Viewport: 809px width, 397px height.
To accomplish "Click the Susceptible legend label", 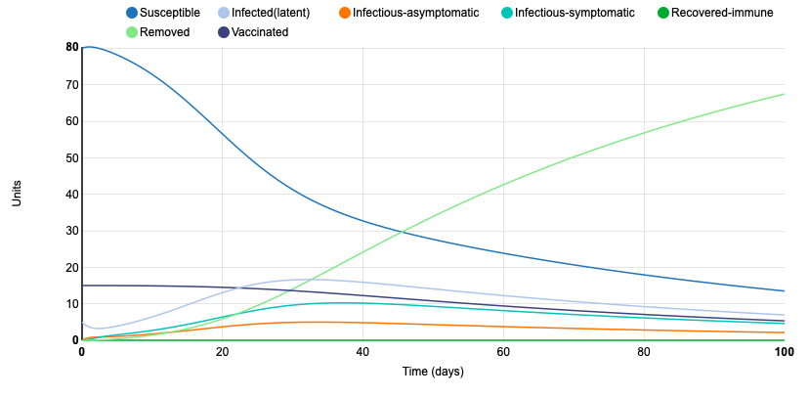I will click(171, 13).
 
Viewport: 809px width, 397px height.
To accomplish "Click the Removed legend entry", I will click(163, 32).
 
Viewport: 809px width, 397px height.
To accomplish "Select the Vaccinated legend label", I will click(259, 32).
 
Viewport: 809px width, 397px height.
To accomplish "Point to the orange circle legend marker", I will click(343, 13).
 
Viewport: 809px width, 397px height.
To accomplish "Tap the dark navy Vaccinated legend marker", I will click(223, 32).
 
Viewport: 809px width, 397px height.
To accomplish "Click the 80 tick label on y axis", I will click(72, 47).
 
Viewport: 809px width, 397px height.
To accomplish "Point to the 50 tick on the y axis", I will click(72, 157).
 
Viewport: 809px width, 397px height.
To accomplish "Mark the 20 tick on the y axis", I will click(72, 267).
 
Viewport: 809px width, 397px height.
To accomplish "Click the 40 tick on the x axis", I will click(362, 352).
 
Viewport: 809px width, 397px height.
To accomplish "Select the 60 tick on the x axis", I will click(503, 352).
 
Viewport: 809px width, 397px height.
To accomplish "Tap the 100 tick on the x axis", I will click(783, 352).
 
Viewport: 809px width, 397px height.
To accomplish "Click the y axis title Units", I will click(17, 194).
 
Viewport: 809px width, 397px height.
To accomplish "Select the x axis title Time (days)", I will click(433, 372).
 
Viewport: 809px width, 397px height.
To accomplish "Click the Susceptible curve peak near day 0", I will click(89, 47).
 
